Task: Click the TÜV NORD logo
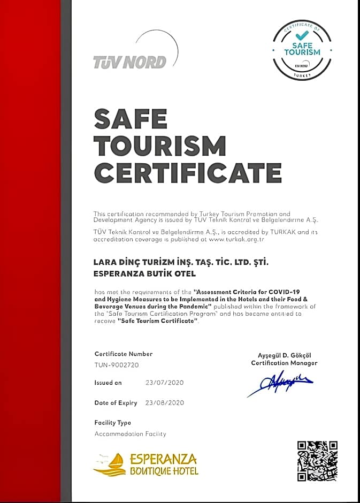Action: click(130, 62)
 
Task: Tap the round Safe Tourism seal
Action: click(302, 50)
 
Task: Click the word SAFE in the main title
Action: click(131, 118)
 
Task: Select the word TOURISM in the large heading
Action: click(160, 146)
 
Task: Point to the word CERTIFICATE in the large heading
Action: click(188, 173)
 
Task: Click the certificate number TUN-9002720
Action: click(117, 364)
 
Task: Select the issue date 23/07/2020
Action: click(165, 383)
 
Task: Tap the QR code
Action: click(317, 461)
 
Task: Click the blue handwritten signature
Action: click(280, 383)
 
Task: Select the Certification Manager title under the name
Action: click(285, 363)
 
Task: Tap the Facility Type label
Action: click(112, 423)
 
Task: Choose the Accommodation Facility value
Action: click(130, 433)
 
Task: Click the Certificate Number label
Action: click(124, 354)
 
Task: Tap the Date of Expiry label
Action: click(116, 402)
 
